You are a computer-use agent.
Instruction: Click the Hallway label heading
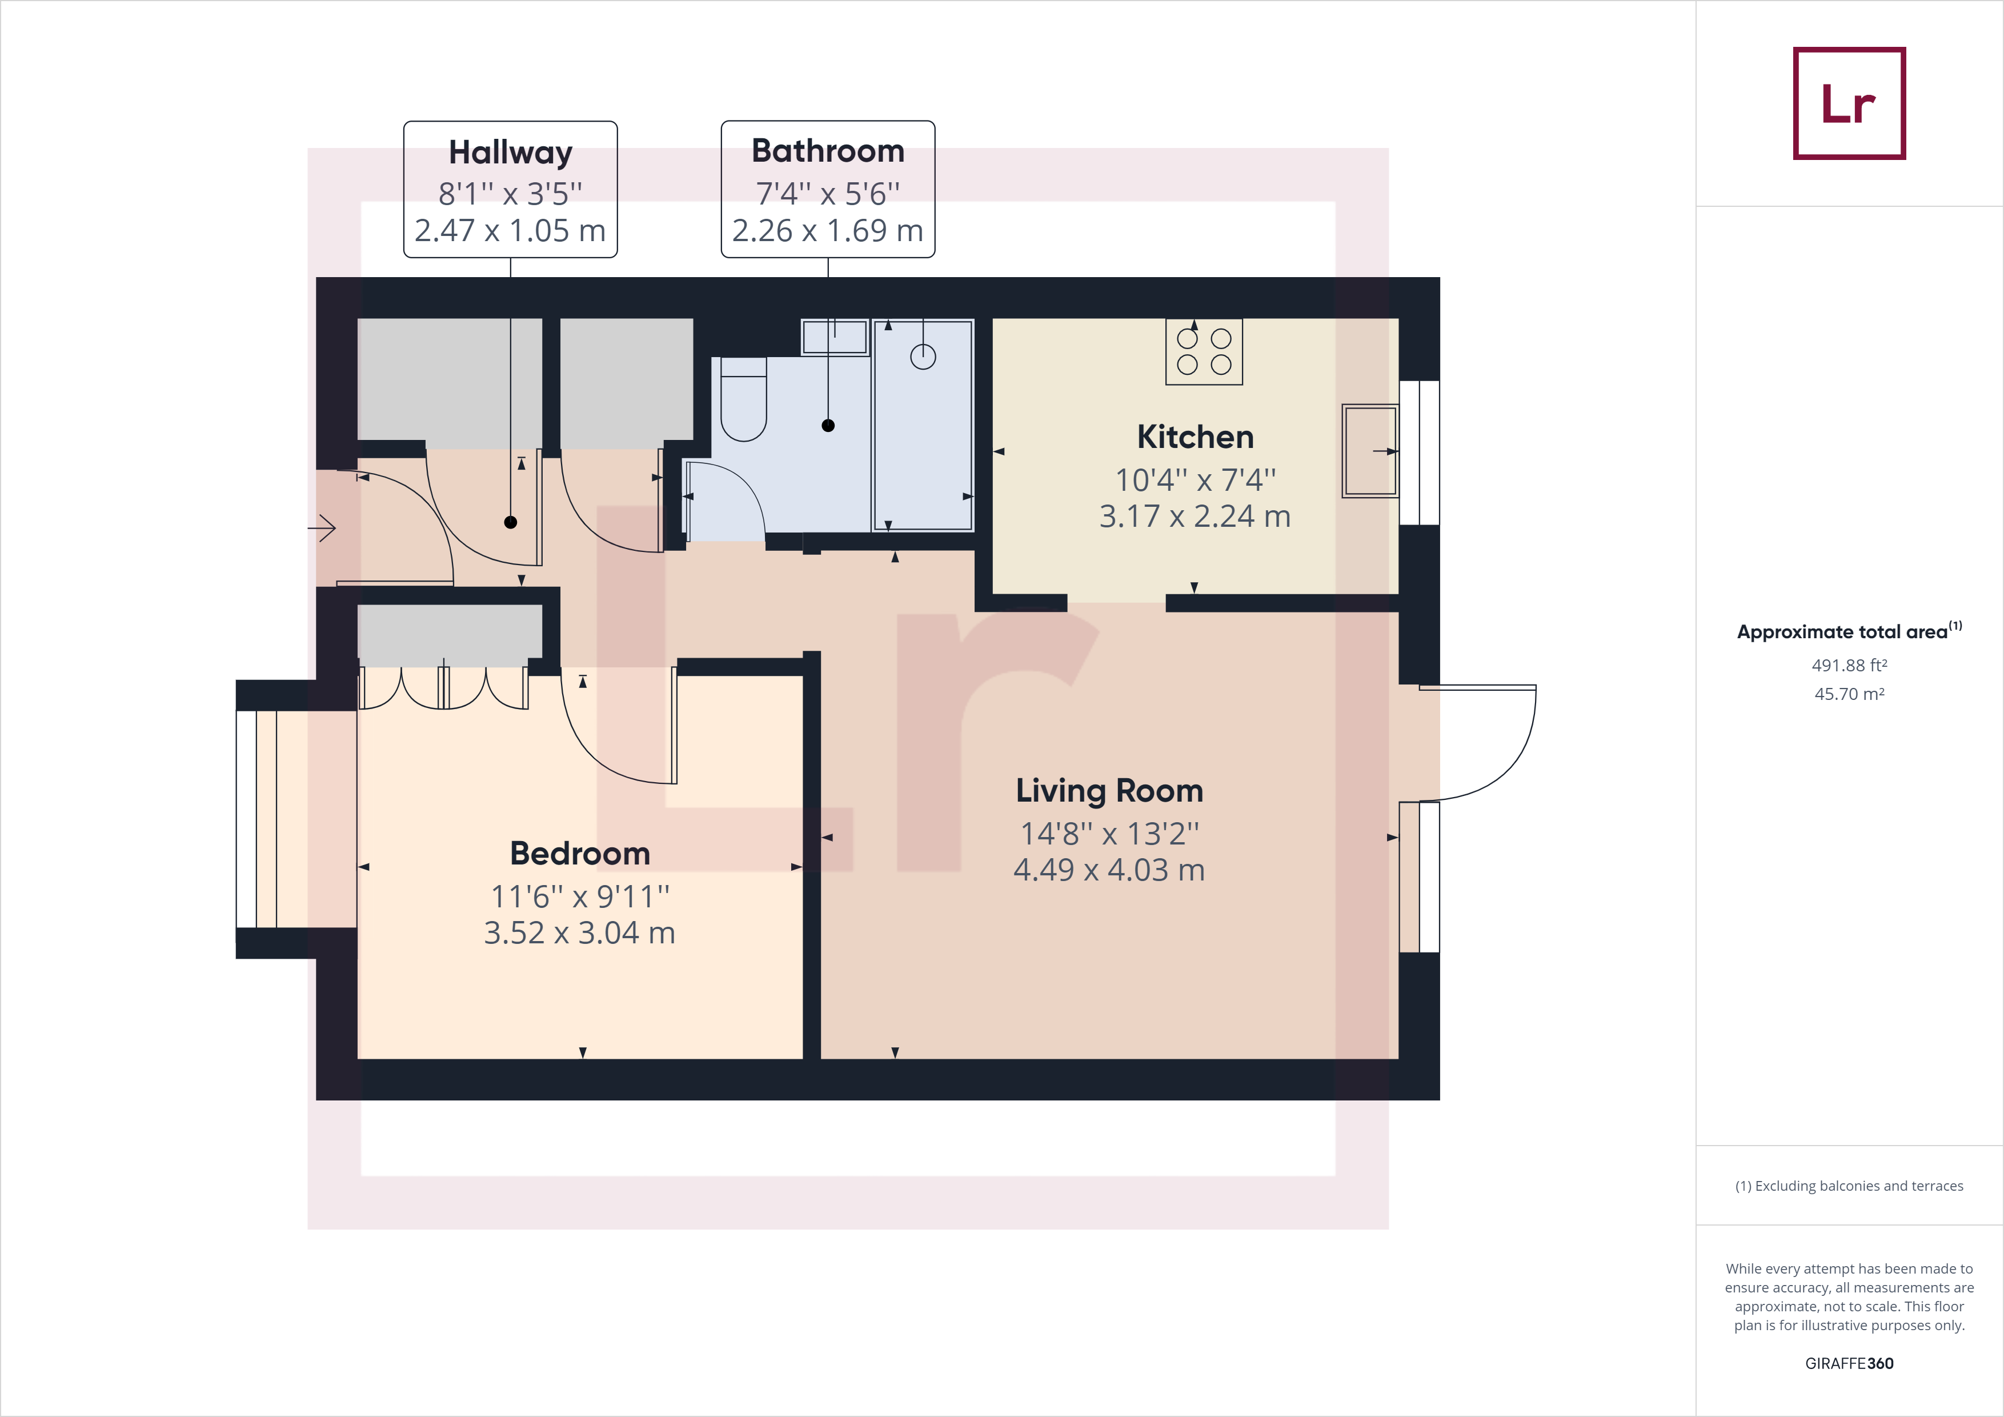511,152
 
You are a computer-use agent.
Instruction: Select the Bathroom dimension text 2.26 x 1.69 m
827,230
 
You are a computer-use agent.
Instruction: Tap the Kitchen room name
1195,437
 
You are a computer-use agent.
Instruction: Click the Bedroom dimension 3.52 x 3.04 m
580,932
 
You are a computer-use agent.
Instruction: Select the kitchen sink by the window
1369,450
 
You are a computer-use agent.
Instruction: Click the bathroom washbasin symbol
835,337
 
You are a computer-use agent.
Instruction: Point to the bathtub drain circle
923,356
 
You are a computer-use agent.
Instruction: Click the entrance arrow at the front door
323,527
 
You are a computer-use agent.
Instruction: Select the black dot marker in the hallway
511,522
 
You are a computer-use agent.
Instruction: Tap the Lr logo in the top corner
1849,103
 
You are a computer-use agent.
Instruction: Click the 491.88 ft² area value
1849,665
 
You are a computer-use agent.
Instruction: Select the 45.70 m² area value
1849,694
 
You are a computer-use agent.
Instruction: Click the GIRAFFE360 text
1849,1363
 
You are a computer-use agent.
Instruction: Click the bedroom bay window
256,819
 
